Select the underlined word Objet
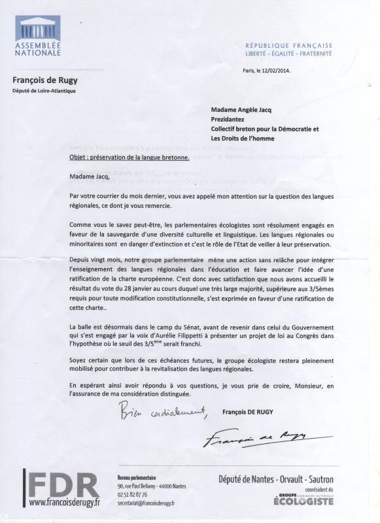point(79,158)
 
